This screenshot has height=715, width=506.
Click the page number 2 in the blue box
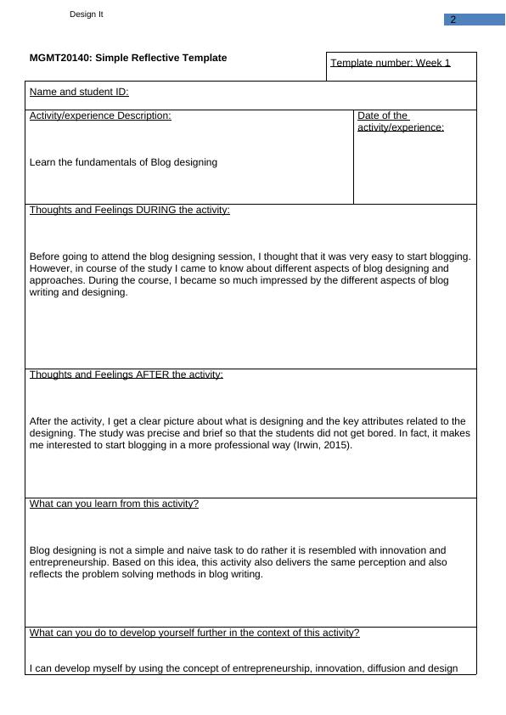click(453, 20)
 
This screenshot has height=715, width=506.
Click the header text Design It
click(87, 14)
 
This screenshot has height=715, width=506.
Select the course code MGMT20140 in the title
click(60, 58)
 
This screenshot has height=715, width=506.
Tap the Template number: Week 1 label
click(391, 63)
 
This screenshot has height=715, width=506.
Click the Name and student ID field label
click(79, 92)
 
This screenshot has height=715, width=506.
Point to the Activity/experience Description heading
click(100, 115)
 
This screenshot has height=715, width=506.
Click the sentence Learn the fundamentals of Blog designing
click(123, 162)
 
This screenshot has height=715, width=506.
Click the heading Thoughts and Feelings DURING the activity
click(130, 210)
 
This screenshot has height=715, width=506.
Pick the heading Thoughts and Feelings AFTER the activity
click(127, 374)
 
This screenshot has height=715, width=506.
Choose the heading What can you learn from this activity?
click(114, 504)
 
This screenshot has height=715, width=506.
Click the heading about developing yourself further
click(194, 633)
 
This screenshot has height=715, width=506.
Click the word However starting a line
click(50, 268)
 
